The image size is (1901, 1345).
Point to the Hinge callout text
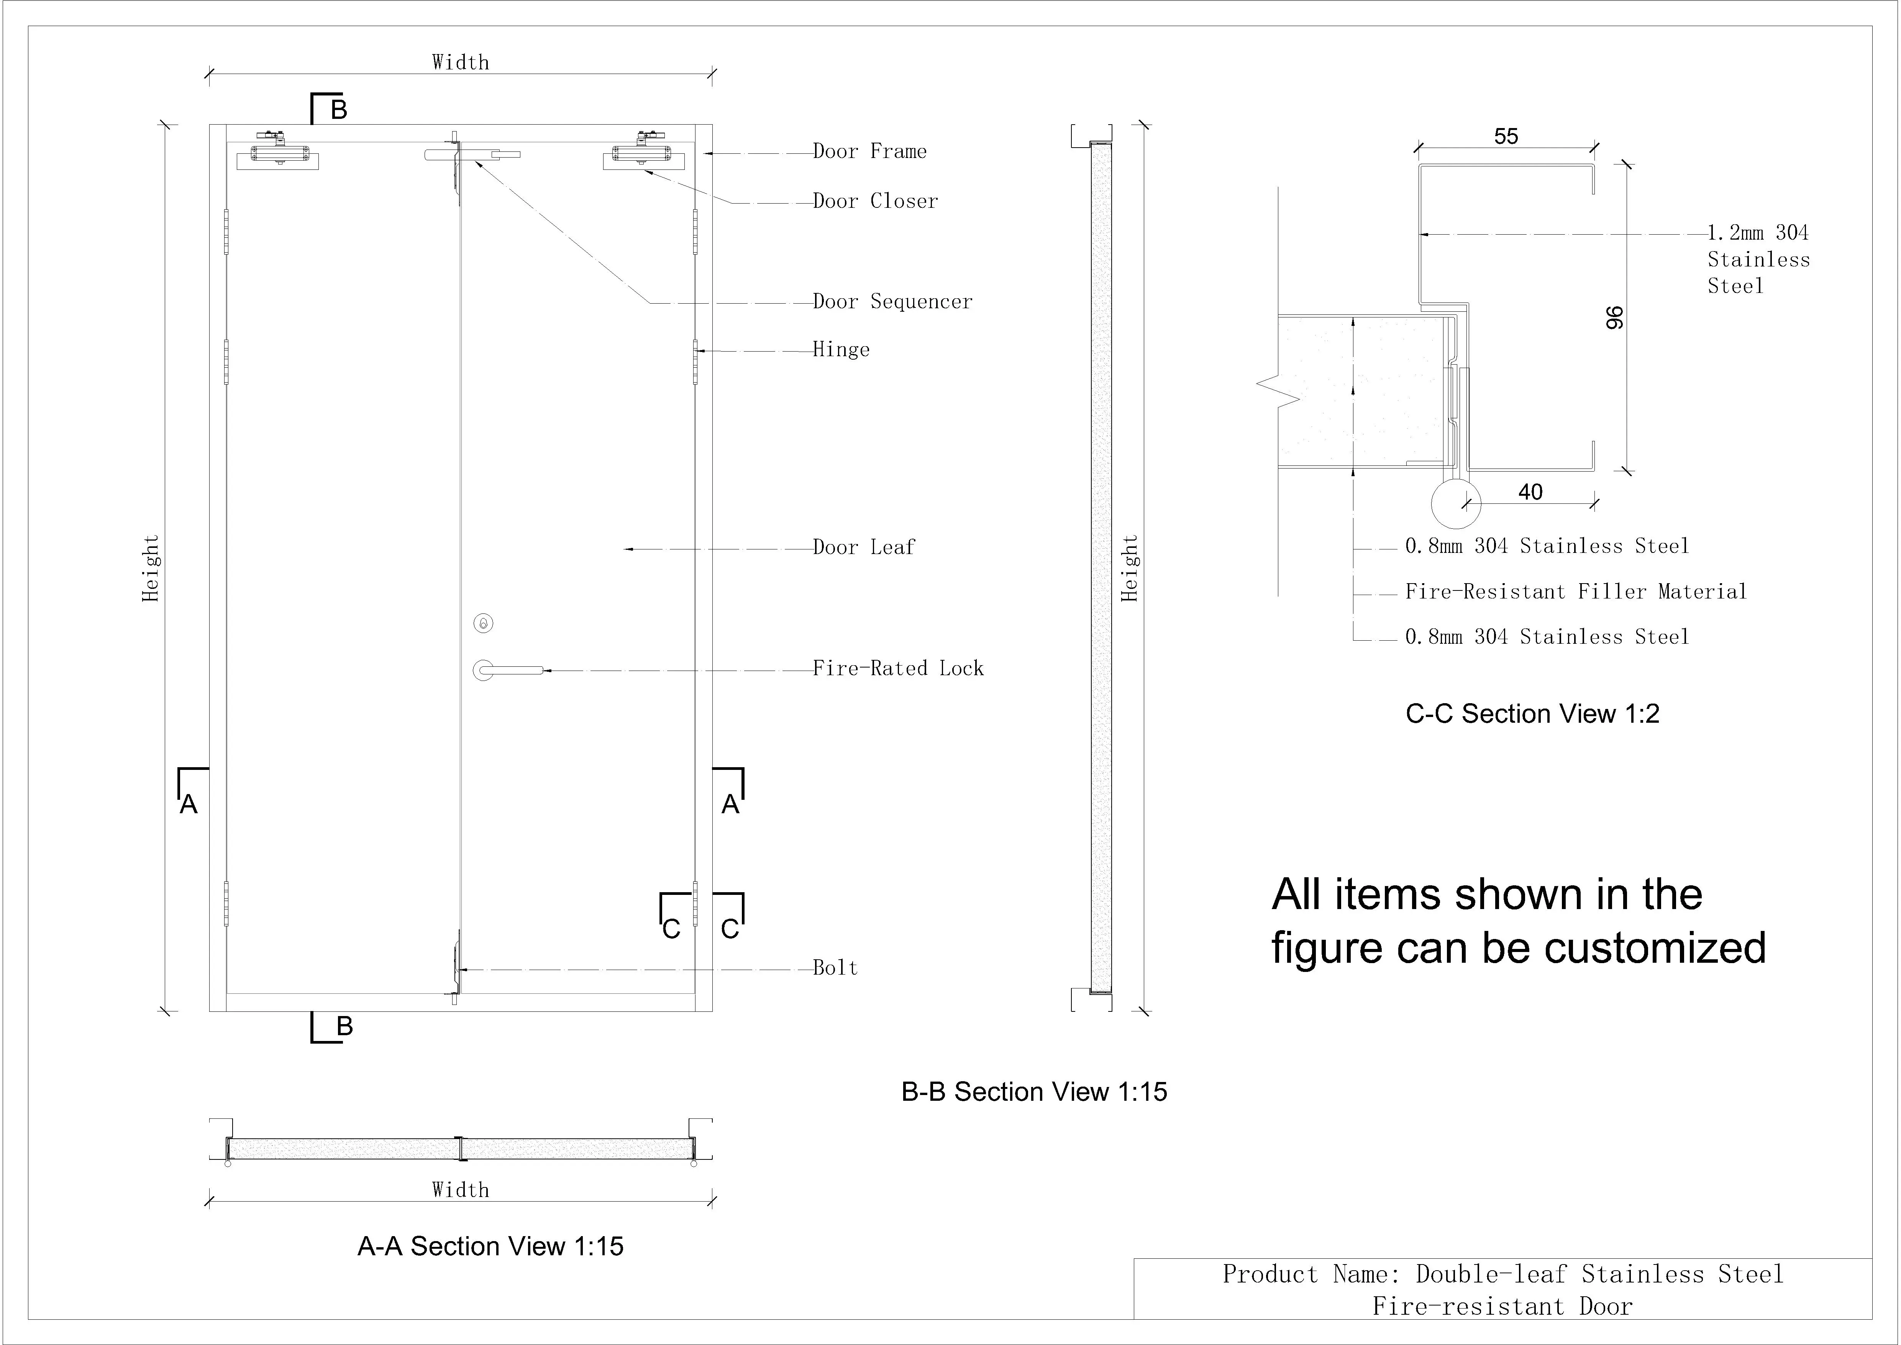pos(841,350)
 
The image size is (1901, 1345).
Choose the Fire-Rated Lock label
pos(897,668)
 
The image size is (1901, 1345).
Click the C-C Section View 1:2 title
pos(1532,714)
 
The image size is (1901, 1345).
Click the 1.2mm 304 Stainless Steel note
pos(1758,259)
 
